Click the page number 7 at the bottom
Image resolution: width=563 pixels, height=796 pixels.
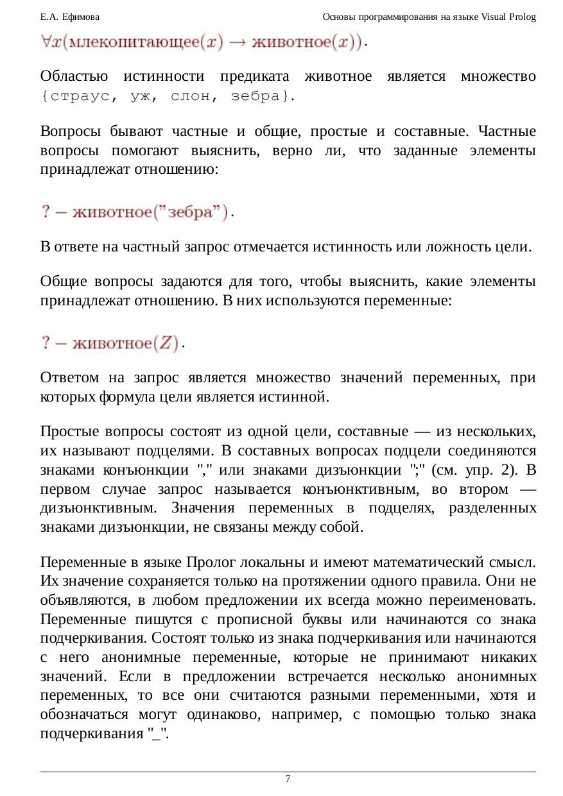pyautogui.click(x=288, y=779)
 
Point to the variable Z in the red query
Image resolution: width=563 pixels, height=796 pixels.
pyautogui.click(x=168, y=343)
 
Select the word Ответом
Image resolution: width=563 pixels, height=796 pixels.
pyautogui.click(x=72, y=377)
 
